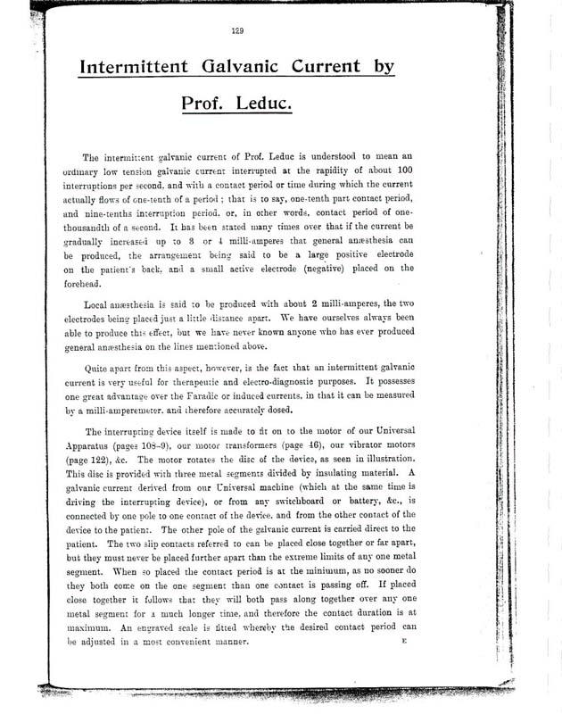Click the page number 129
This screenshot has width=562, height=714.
click(x=237, y=31)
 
